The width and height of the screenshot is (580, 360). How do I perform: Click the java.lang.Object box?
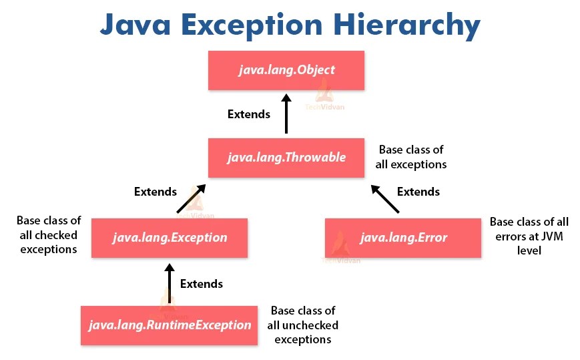point(286,69)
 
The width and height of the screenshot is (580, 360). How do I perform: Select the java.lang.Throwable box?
point(286,158)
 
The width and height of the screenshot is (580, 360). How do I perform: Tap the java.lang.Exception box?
point(169,238)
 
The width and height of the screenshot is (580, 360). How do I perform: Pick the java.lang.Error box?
point(403,238)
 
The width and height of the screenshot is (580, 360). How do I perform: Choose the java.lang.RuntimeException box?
point(169,325)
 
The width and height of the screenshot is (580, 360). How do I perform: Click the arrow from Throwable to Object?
point(286,114)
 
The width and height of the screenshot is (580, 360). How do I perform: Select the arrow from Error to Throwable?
point(386,198)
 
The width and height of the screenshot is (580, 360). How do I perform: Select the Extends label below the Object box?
point(249,114)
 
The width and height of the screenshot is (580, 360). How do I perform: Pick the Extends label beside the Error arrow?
point(418,192)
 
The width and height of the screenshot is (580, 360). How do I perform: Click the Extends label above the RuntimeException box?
point(202,283)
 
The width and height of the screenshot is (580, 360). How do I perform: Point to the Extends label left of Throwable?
point(156,192)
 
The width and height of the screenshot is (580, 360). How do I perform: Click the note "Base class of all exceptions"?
point(412,157)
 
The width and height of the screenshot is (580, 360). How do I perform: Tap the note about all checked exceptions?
point(49,235)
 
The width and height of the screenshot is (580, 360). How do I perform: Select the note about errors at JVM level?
point(529,236)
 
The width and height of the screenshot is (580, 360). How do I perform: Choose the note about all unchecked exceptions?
point(303,325)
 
